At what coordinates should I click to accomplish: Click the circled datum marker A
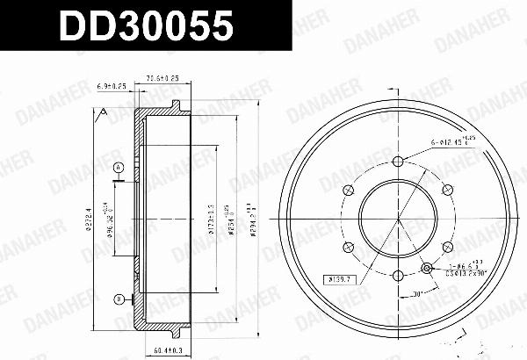pos(119,168)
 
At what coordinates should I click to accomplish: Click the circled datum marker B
pos(119,300)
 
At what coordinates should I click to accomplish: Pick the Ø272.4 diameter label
pos(90,219)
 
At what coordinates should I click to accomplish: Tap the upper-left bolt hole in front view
pos(347,189)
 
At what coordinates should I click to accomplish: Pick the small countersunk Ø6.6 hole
pos(427,268)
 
